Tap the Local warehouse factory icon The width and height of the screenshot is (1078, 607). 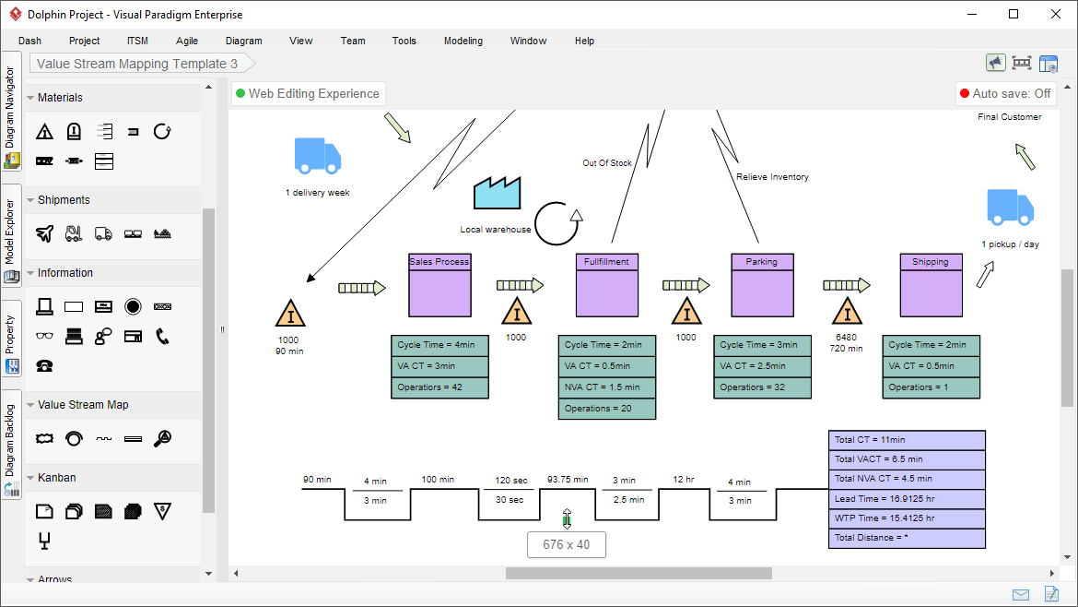point(497,194)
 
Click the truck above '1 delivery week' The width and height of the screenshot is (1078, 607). point(317,156)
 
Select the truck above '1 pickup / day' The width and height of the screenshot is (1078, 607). point(1010,207)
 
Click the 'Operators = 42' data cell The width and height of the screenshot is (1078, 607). point(439,387)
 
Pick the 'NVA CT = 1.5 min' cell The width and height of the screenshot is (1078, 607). point(606,387)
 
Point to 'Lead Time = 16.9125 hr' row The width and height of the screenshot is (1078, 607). point(907,499)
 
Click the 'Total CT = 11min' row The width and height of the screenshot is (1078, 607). point(907,440)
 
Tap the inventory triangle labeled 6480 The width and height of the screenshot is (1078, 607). point(846,313)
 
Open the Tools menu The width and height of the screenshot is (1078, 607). point(404,41)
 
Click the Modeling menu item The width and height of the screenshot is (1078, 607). point(463,41)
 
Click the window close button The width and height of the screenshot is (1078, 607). point(1056,14)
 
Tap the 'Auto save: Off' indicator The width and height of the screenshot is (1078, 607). point(1005,93)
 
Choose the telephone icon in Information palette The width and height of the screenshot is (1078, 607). point(162,336)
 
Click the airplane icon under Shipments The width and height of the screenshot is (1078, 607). point(45,234)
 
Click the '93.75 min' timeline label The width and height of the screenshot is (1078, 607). point(567,480)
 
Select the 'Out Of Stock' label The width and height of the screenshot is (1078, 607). point(607,163)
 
